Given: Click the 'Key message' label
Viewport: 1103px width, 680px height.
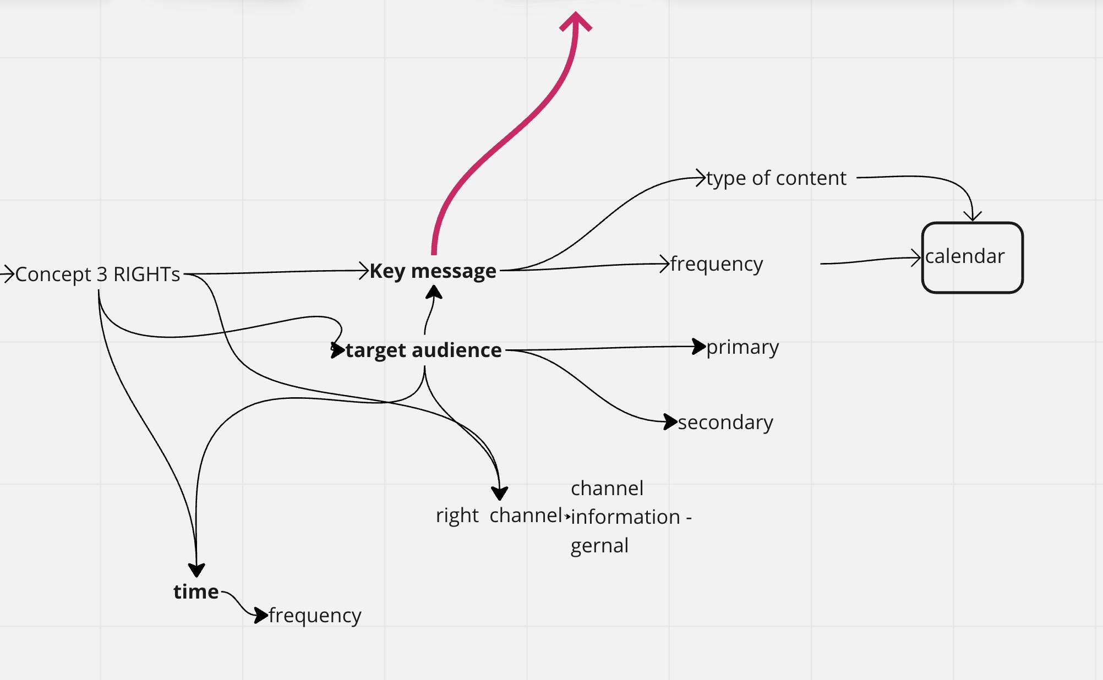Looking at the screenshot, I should pyautogui.click(x=433, y=271).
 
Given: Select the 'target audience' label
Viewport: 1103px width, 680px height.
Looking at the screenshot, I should pyautogui.click(x=423, y=350).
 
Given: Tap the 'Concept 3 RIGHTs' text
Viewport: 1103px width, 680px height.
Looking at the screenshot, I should pyautogui.click(x=97, y=274).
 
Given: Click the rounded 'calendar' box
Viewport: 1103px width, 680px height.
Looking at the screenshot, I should pyautogui.click(x=972, y=257).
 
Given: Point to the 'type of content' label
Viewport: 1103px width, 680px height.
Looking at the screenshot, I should pyautogui.click(x=776, y=178).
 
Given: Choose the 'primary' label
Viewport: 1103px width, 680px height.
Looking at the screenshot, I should pyautogui.click(x=742, y=347).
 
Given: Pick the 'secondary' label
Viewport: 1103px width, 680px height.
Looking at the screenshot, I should pyautogui.click(x=725, y=422).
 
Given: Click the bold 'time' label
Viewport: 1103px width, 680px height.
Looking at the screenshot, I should pyautogui.click(x=196, y=591).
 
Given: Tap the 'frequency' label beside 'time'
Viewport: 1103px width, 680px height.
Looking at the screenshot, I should pyautogui.click(x=315, y=615).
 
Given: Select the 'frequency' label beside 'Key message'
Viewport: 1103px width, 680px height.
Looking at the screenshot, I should pyautogui.click(x=717, y=264).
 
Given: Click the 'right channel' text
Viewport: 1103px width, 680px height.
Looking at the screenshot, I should pyautogui.click(x=499, y=516).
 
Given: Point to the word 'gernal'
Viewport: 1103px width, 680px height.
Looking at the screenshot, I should pyautogui.click(x=599, y=545).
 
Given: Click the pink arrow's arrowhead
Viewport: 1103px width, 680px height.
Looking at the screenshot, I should pyautogui.click(x=576, y=22).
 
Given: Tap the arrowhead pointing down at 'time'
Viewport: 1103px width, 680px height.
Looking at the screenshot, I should pyautogui.click(x=196, y=569).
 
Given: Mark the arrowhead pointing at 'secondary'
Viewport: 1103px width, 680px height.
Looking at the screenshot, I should pyautogui.click(x=670, y=422).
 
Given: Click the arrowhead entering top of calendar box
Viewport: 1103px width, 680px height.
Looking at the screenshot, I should pyautogui.click(x=973, y=216).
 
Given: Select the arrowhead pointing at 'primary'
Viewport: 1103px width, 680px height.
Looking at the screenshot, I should pyautogui.click(x=698, y=347).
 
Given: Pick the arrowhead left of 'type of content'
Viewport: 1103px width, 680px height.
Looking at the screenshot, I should pyautogui.click(x=701, y=178).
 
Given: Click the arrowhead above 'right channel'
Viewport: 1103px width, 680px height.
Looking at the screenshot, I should pyautogui.click(x=499, y=492).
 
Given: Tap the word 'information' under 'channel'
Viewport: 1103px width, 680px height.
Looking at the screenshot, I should pyautogui.click(x=625, y=517).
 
